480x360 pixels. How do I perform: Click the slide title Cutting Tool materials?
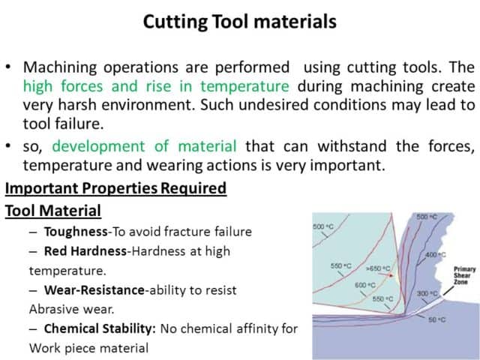239,22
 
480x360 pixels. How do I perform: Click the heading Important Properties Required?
115,187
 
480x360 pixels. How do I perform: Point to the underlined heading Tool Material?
53,211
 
